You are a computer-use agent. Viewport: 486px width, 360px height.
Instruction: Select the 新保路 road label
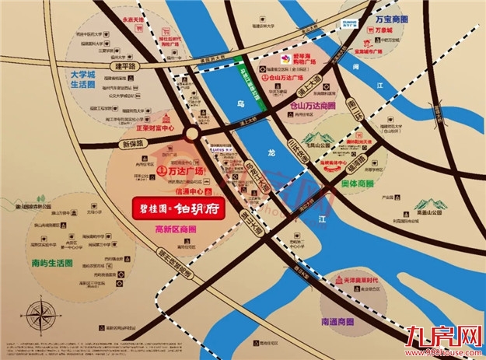click(134, 145)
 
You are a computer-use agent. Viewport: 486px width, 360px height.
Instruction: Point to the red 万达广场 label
click(186, 170)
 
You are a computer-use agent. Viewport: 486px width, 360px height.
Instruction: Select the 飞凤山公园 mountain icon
click(322, 142)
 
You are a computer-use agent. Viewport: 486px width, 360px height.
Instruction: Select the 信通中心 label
click(188, 190)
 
